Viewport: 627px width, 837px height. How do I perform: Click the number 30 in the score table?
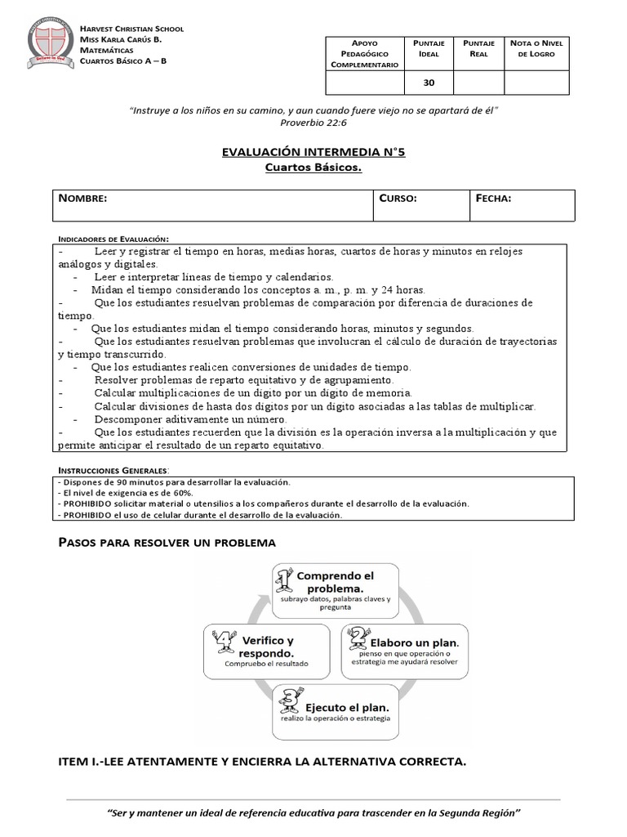[x=429, y=83]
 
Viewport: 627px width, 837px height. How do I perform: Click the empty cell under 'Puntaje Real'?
[x=478, y=83]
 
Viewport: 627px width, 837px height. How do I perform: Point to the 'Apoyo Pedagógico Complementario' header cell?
[x=365, y=52]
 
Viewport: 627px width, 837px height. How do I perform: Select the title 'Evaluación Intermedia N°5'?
[x=313, y=152]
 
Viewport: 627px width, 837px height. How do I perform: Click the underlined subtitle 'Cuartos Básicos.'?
[x=313, y=168]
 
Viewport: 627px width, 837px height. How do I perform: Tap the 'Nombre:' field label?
[x=82, y=199]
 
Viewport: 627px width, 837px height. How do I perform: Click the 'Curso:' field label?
[x=398, y=199]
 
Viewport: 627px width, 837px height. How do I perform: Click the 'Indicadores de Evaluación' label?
[x=113, y=237]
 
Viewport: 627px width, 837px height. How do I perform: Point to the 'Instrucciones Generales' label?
[x=113, y=471]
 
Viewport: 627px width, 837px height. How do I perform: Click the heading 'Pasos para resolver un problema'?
[x=167, y=542]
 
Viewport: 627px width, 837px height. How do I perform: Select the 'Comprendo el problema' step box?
[x=336, y=589]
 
